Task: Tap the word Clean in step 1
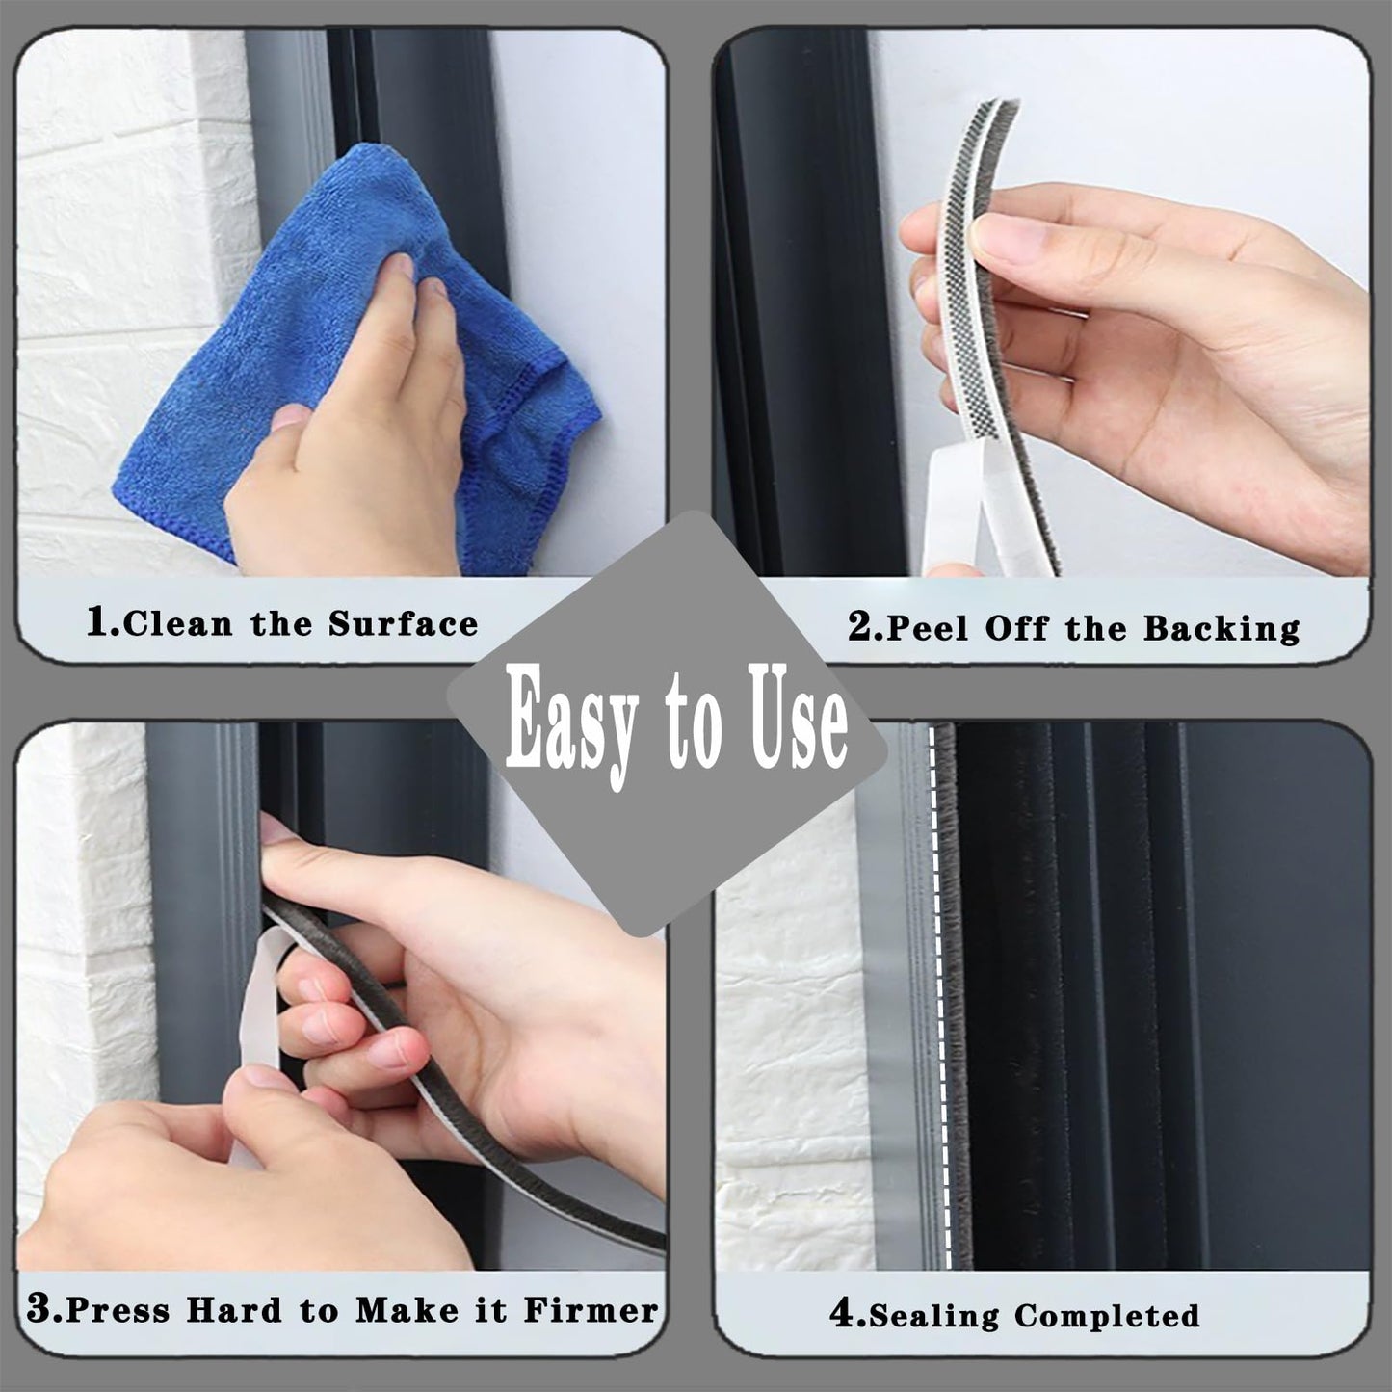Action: (x=178, y=624)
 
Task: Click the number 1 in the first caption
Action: (x=98, y=623)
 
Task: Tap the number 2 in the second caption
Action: (x=859, y=628)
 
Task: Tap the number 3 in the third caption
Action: (x=39, y=1309)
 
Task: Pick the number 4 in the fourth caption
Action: (x=841, y=1315)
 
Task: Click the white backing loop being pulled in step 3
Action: (x=260, y=1040)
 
